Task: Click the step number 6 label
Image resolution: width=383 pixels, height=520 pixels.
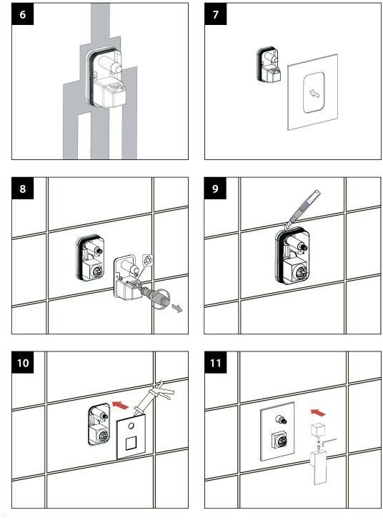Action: click(x=23, y=14)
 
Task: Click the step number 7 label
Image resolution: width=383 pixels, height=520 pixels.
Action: click(x=215, y=14)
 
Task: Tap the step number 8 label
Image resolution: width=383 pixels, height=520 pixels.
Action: click(x=23, y=189)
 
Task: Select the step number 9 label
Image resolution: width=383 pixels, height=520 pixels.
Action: click(x=215, y=189)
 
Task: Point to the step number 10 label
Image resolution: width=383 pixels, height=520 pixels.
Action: click(x=23, y=362)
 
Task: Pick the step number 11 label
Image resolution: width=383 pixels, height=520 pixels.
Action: click(x=215, y=362)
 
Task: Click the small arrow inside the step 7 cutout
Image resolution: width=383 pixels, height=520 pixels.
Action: click(x=314, y=94)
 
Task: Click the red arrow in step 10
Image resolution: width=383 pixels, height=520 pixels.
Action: click(x=121, y=405)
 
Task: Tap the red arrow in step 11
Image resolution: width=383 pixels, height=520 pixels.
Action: click(x=318, y=413)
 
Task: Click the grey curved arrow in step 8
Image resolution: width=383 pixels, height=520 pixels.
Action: click(x=177, y=309)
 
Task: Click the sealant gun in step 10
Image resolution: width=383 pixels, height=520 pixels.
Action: click(x=154, y=398)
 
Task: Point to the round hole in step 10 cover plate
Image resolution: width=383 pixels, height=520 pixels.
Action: click(x=131, y=426)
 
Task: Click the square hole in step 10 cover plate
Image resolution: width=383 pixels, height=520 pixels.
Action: click(x=131, y=443)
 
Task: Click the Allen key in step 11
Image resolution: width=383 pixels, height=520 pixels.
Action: click(x=329, y=444)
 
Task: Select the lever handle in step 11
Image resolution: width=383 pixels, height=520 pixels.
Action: click(x=319, y=468)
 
